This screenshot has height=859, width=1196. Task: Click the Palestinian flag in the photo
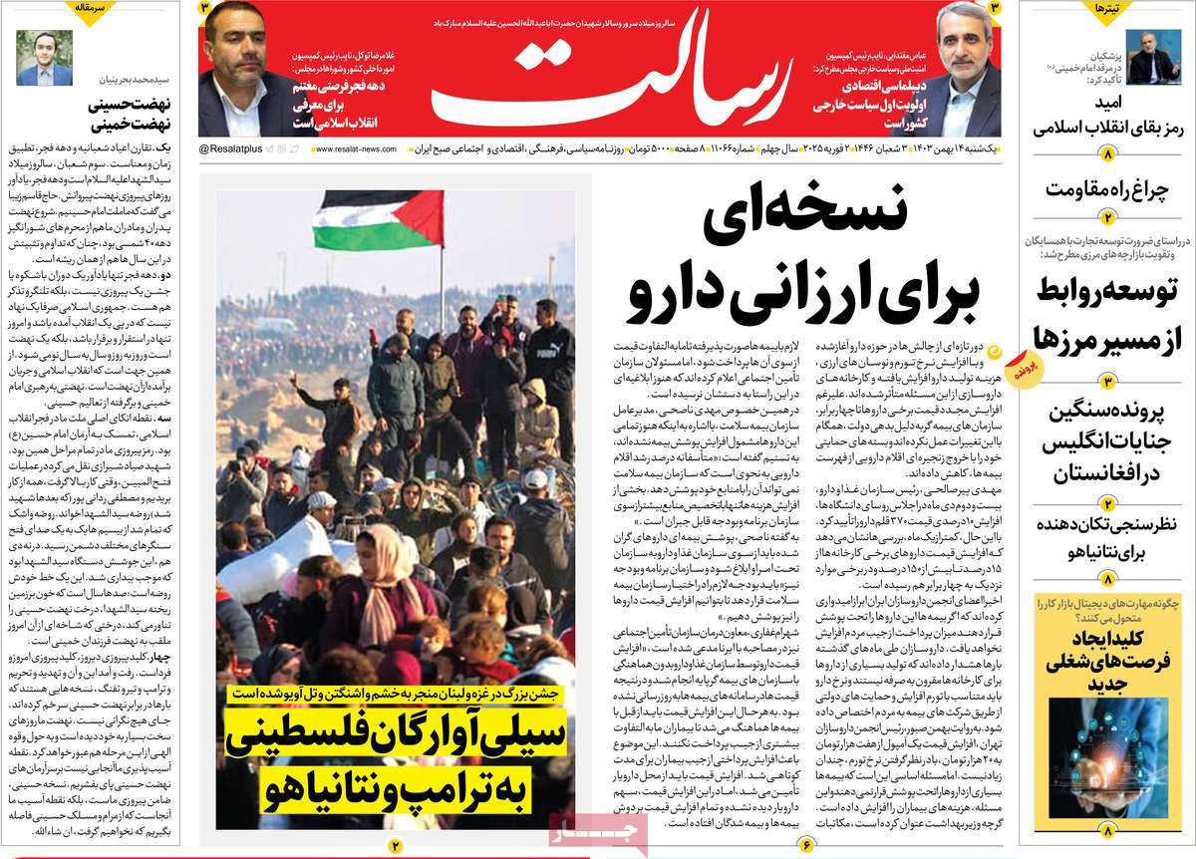[379, 217]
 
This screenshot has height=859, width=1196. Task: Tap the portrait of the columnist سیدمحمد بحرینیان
[37, 58]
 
